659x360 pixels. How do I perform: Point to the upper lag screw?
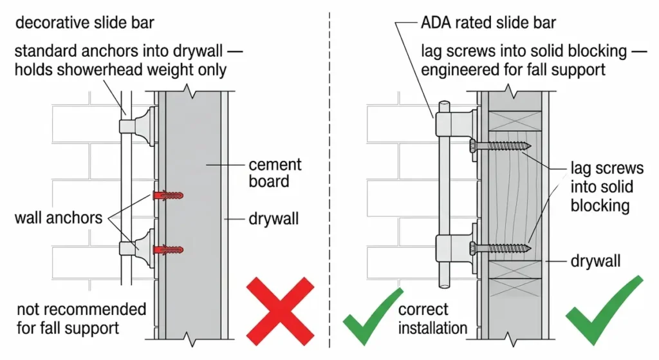(499, 146)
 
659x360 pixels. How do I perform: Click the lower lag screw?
(499, 247)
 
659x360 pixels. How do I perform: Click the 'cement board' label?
(275, 173)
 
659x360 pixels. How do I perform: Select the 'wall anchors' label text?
(59, 218)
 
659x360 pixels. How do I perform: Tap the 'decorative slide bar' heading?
(84, 24)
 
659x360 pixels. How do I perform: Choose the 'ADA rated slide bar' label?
(488, 24)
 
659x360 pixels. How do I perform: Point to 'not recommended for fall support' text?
(81, 318)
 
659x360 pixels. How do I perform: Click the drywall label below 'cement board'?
(274, 219)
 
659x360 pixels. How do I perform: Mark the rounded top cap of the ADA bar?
(444, 105)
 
